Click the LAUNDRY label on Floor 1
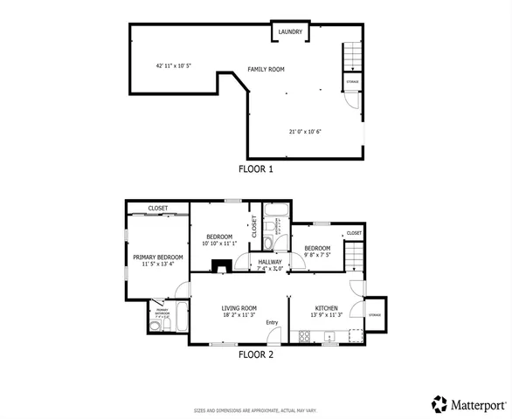290,32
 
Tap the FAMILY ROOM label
266,69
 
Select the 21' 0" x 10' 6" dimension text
306,132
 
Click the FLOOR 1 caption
256,169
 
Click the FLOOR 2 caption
256,354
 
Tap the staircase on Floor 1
349,57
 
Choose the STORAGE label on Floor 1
353,82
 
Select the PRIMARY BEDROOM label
158,257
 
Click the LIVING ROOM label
239,307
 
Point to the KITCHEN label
326,307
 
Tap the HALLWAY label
269,261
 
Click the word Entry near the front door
272,323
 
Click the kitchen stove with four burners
354,333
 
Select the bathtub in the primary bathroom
179,318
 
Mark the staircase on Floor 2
353,258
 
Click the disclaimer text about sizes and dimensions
255,410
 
